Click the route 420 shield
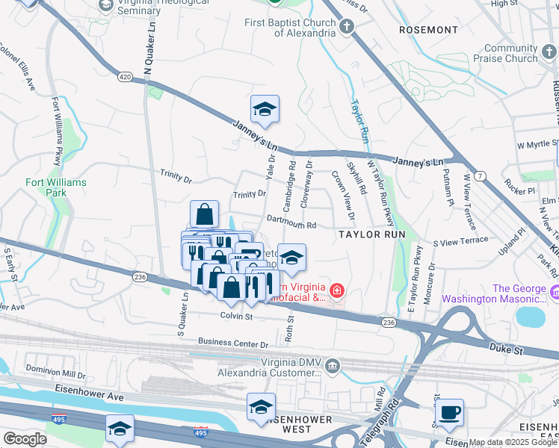(x=124, y=76)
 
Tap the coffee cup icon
(x=449, y=413)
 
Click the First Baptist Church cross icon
(x=345, y=28)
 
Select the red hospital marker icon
(x=337, y=290)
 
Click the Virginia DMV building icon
(x=333, y=366)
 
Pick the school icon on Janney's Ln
(x=265, y=111)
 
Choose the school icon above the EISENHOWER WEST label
(x=261, y=407)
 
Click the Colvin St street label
(x=236, y=317)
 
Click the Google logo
(x=25, y=439)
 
